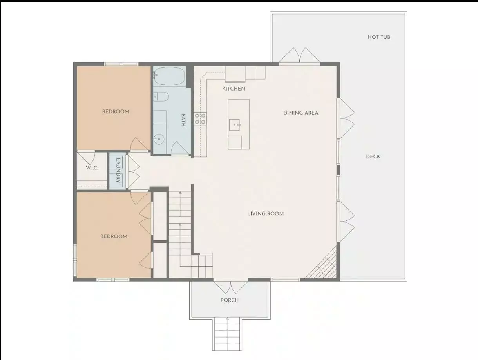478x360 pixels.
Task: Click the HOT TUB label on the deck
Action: point(379,37)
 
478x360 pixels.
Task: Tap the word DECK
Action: point(373,156)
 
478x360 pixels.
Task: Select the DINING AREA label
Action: point(301,113)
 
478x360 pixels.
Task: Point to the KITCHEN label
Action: point(234,89)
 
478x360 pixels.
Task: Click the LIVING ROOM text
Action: point(266,214)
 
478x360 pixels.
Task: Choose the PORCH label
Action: point(230,300)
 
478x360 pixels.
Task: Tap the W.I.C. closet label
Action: point(92,168)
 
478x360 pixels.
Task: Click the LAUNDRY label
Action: point(118,171)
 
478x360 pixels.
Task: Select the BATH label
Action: point(183,120)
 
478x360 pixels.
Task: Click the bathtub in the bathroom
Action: point(169,76)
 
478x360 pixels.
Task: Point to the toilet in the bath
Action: point(161,96)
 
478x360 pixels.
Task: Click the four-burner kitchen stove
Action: point(200,119)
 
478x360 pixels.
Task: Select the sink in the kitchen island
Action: point(234,125)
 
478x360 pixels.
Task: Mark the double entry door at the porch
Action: point(231,286)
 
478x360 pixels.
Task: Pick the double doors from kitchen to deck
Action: point(299,56)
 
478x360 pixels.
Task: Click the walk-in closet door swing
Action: point(86,158)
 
